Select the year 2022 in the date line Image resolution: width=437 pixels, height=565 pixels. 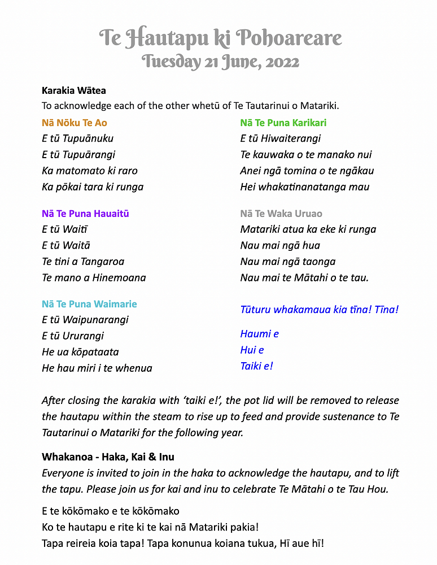(x=280, y=61)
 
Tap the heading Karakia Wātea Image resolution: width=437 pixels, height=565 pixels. (x=73, y=90)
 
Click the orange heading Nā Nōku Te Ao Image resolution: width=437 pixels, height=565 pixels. (x=75, y=123)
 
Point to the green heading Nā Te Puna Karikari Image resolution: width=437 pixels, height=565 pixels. (x=283, y=123)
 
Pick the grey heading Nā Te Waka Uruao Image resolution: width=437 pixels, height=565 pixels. (x=281, y=214)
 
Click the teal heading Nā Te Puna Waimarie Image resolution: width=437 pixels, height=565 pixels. (x=89, y=304)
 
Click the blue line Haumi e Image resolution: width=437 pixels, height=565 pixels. (x=260, y=334)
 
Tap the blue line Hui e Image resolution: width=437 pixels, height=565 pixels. (x=252, y=350)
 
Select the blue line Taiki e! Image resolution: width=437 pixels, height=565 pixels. (x=257, y=366)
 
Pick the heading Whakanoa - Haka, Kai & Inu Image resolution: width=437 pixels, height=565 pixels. (x=108, y=457)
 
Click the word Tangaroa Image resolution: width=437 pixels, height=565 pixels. (x=102, y=262)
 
